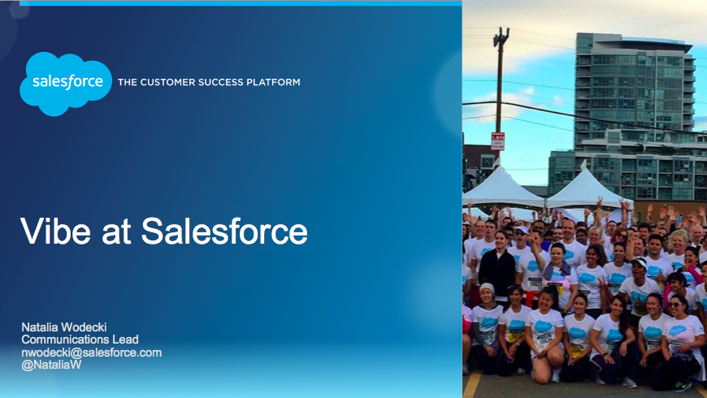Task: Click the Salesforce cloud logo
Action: coord(66,84)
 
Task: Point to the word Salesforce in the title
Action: coord(224,231)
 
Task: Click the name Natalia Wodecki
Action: coord(64,327)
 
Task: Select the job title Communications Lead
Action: coord(80,340)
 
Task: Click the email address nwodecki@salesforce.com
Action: coord(92,353)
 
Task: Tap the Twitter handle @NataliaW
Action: coord(51,365)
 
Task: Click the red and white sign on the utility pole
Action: coord(498,141)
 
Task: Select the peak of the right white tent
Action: coord(584,164)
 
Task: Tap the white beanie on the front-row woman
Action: coord(487,288)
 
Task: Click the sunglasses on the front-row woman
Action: coord(674,305)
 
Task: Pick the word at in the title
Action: coord(116,232)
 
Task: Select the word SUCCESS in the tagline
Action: coord(221,83)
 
